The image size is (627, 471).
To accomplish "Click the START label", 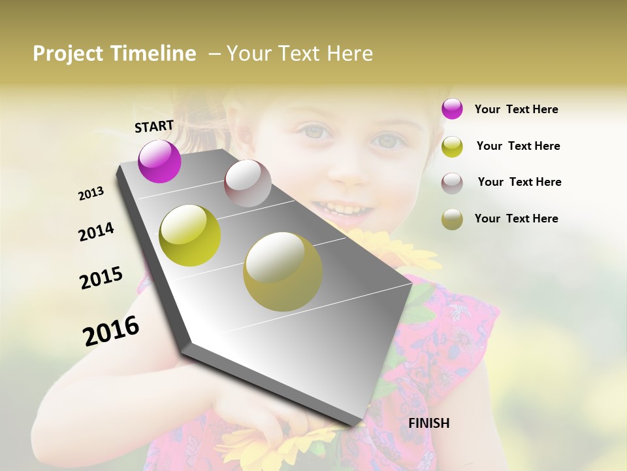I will [x=154, y=126].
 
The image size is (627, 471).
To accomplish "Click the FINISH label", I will [x=428, y=423].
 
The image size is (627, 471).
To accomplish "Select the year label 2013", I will [x=91, y=193].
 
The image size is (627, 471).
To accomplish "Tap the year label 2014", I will [x=96, y=232].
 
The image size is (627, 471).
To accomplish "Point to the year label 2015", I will [x=101, y=277].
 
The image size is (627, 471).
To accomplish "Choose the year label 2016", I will [x=111, y=330].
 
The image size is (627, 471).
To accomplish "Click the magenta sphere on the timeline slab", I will [x=159, y=161].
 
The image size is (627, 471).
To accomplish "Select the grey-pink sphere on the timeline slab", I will [x=248, y=183].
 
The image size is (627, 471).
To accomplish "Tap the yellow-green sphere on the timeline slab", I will [x=190, y=235].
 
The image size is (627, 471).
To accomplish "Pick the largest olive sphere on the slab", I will [x=283, y=271].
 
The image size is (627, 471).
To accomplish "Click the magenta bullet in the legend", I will [x=452, y=109].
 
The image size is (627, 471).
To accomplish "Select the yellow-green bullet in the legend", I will [x=452, y=147].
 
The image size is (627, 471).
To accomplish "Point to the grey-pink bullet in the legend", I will [x=452, y=183].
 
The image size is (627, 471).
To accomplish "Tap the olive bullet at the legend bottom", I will [x=452, y=219].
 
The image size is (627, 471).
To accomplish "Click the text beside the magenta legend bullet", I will [x=516, y=109].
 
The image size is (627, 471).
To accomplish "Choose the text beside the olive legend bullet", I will [x=516, y=218].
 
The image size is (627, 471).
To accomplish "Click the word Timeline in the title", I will [x=153, y=54].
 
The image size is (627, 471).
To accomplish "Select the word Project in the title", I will [x=67, y=54].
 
